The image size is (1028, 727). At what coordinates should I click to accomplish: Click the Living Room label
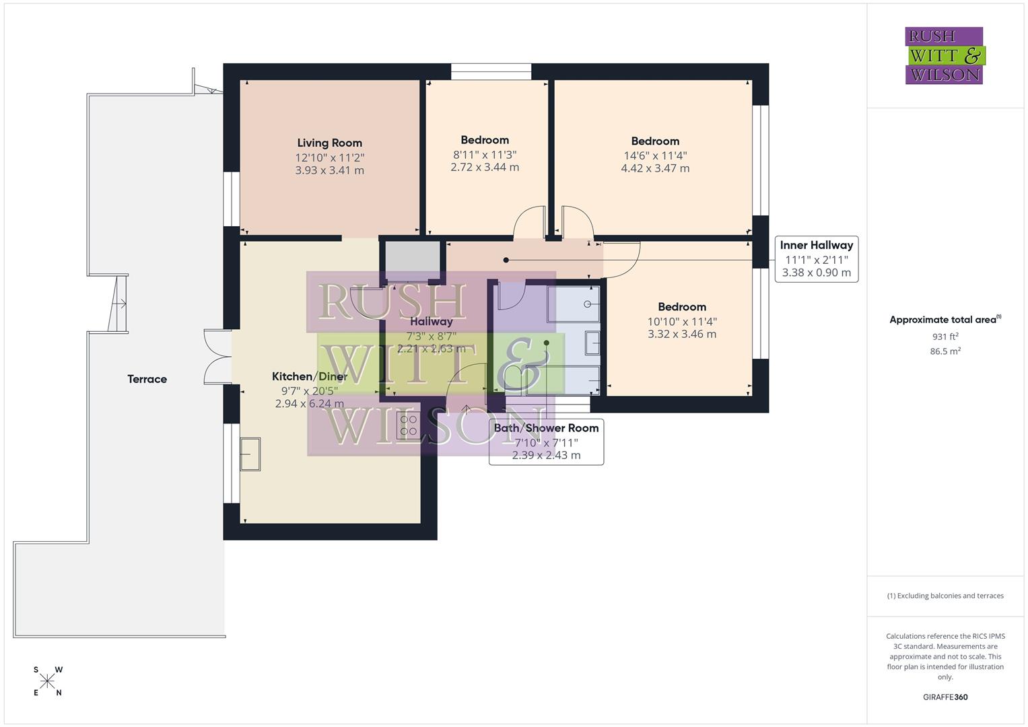coord(329,143)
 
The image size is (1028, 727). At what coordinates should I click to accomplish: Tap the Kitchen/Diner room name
coord(309,376)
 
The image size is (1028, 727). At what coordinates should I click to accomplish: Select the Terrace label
coord(147,379)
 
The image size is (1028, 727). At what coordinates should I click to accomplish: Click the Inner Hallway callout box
coord(816,259)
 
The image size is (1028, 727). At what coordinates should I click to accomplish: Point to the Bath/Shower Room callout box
coord(546,442)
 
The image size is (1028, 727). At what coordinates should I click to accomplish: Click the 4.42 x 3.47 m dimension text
coord(654,168)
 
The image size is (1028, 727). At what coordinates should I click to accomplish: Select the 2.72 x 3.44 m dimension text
coord(484,167)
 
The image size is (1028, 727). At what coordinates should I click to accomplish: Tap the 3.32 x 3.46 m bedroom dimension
coord(681,334)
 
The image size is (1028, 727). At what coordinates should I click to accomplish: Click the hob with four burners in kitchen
coord(409,425)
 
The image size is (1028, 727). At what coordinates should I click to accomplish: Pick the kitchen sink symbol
coord(250,454)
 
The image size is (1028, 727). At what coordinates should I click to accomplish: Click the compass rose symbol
coord(47,681)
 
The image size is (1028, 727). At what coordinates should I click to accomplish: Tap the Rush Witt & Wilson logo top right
coord(945,56)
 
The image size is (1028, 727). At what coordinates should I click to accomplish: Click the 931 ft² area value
coord(945,337)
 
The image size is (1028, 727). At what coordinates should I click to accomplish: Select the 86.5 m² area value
coord(945,351)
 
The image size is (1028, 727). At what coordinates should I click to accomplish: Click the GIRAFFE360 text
coord(945,697)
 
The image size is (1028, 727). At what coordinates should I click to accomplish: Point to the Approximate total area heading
coord(945,320)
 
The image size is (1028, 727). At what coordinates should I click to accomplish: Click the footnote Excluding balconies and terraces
coord(945,596)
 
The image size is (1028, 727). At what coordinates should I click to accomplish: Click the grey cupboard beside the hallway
coord(411,258)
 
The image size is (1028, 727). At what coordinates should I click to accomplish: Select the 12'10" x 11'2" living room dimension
coord(329,158)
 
